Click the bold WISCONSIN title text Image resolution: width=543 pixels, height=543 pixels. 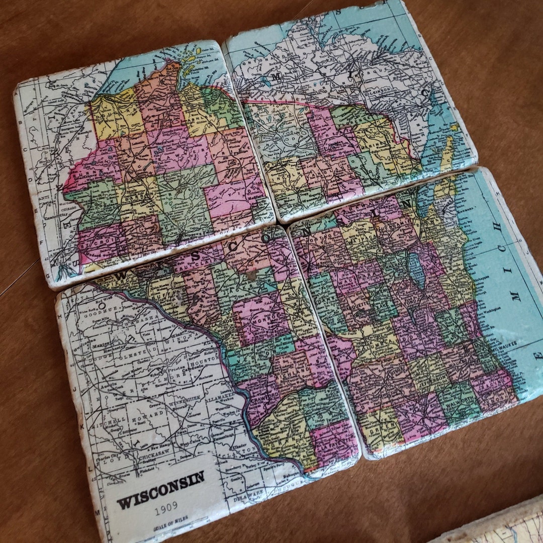coord(160,490)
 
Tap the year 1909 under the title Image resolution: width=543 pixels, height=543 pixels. coord(166,511)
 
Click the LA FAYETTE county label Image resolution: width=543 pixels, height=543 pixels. coord(329,445)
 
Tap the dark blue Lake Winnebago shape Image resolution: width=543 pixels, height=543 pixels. coord(416,271)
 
